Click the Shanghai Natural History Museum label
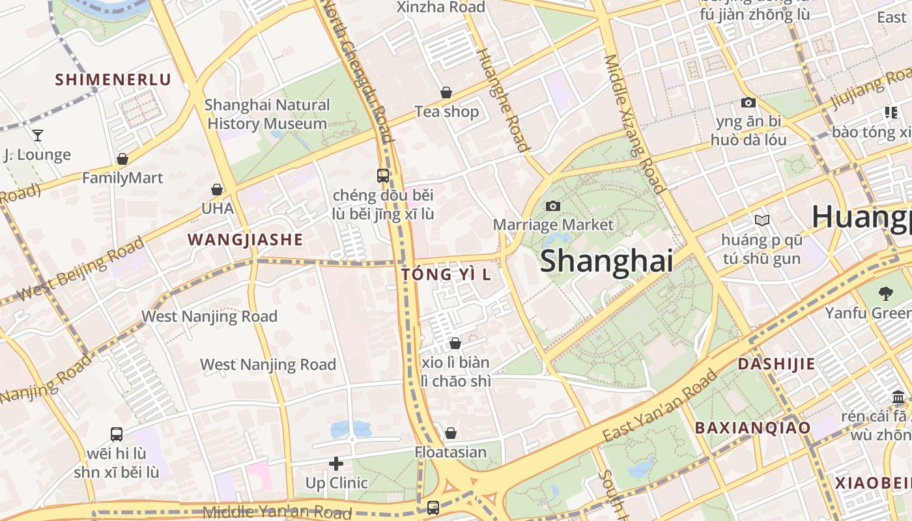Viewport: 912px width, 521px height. tap(267, 114)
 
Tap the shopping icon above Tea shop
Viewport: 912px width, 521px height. tap(446, 93)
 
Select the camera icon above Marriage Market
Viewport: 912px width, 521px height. tap(553, 206)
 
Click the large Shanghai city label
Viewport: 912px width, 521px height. tap(606, 261)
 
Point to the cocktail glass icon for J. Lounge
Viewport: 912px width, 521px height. tap(38, 135)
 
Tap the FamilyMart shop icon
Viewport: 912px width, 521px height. tap(122, 159)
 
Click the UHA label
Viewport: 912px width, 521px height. tap(217, 208)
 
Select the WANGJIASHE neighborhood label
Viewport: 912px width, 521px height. tap(246, 240)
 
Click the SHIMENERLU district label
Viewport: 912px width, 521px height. tap(113, 80)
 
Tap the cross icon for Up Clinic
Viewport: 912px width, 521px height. tap(336, 464)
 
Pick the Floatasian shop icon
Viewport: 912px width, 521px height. tap(450, 433)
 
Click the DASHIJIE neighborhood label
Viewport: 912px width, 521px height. tap(776, 364)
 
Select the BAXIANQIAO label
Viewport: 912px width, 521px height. tap(752, 428)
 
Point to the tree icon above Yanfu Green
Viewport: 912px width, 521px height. tap(885, 294)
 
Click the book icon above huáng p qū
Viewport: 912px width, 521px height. tap(762, 221)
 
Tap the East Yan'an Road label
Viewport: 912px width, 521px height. tap(659, 406)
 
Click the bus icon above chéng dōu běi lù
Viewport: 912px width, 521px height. tap(383, 176)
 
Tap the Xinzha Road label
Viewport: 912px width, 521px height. tap(441, 8)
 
